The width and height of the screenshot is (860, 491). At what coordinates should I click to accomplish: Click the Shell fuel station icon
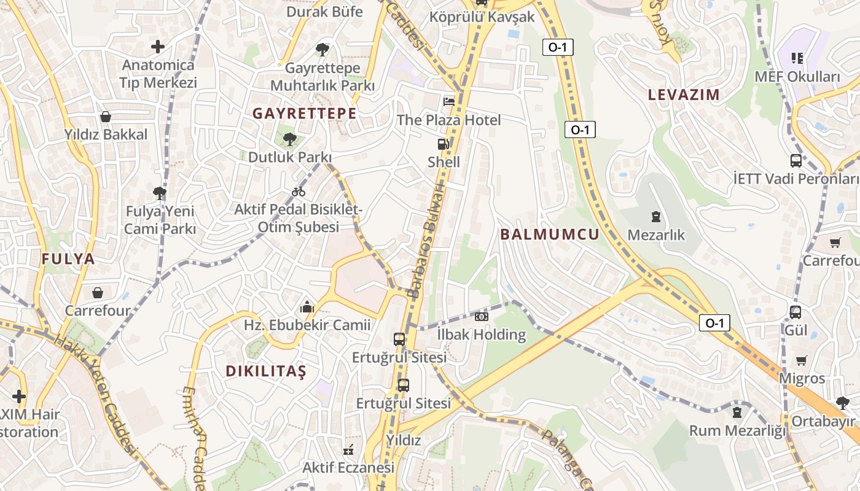[x=443, y=145]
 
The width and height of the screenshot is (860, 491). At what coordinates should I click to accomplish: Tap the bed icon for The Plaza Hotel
[x=449, y=101]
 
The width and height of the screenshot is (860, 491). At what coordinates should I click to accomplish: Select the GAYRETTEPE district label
[x=305, y=114]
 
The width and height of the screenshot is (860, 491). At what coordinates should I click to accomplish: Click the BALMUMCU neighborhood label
[x=549, y=234]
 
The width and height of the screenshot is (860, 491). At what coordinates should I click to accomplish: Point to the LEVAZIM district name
[x=684, y=95]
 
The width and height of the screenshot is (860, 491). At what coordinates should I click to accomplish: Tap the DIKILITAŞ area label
[x=265, y=371]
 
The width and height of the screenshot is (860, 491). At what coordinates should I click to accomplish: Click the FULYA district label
[x=68, y=259]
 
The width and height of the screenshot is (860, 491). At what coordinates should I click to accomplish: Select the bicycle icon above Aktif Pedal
[x=299, y=192]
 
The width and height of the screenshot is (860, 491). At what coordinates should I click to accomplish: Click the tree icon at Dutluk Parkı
[x=289, y=139]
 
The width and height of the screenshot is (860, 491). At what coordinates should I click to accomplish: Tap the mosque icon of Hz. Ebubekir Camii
[x=307, y=307]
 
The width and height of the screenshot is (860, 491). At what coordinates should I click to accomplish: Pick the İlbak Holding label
[x=482, y=335]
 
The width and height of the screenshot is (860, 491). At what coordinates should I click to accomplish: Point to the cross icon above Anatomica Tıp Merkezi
[x=158, y=47]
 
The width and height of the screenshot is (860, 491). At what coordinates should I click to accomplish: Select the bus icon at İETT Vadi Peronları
[x=795, y=161]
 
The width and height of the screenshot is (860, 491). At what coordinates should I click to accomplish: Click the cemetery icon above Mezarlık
[x=656, y=217]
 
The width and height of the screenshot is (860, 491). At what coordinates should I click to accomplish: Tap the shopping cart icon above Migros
[x=802, y=360]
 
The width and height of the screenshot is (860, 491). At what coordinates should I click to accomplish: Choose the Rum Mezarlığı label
[x=737, y=431]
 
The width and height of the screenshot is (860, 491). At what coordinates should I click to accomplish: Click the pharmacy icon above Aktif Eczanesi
[x=348, y=450]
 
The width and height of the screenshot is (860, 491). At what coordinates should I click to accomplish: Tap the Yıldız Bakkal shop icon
[x=106, y=117]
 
